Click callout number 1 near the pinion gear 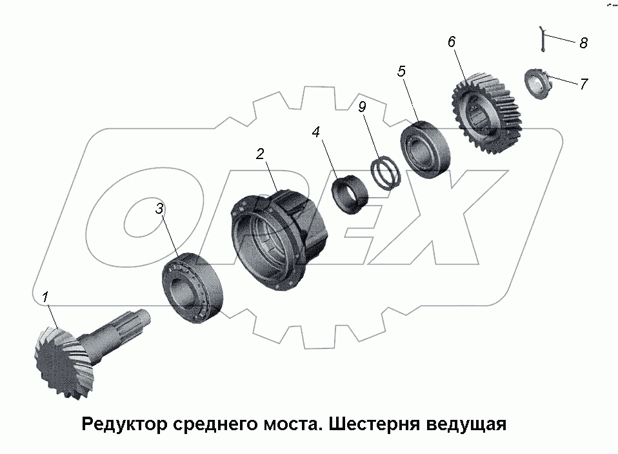click(46, 297)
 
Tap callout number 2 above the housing click(260, 154)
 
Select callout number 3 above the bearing click(159, 209)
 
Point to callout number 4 click(315, 132)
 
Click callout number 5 click(401, 71)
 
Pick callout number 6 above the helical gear click(452, 42)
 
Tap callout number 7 click(584, 84)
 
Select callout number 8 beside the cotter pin click(584, 43)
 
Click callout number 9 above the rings click(362, 107)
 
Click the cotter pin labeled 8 click(543, 39)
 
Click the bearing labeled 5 click(426, 149)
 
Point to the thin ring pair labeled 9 click(386, 173)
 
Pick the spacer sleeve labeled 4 click(349, 194)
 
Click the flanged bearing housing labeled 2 click(279, 240)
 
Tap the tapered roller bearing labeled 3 click(193, 288)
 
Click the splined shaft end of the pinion click(134, 321)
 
